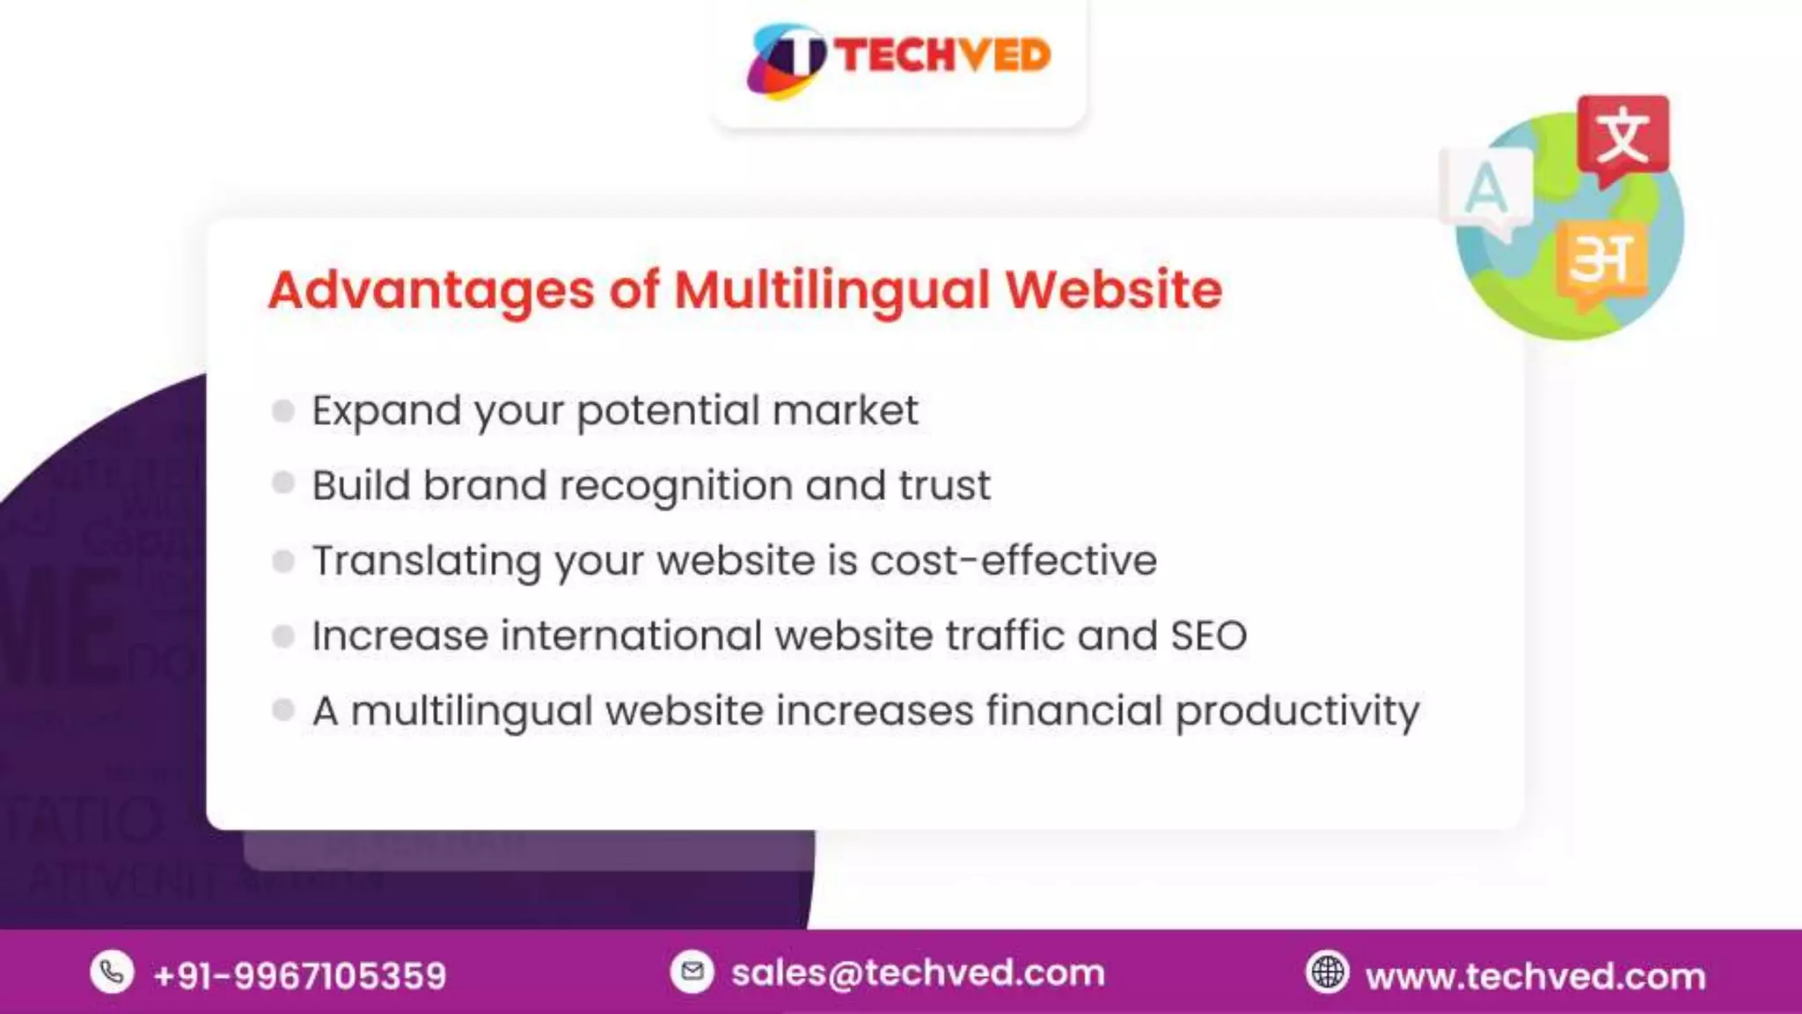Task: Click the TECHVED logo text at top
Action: [941, 55]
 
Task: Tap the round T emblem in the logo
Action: [787, 60]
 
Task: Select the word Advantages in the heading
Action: [431, 290]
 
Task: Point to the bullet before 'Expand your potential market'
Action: [283, 410]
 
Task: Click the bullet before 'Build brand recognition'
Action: [283, 483]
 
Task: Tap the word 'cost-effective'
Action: [1013, 561]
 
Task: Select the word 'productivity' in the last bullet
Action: [1297, 711]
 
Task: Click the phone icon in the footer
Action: [112, 973]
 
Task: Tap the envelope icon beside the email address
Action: [692, 972]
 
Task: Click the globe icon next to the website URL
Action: [1327, 973]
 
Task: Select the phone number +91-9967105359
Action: [299, 975]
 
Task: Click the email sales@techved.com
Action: [918, 973]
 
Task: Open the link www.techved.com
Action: [1535, 976]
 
